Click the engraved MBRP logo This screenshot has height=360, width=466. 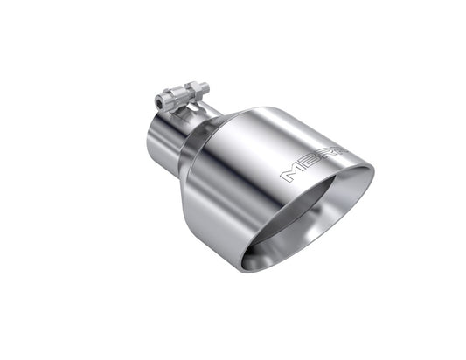pyautogui.click(x=311, y=165)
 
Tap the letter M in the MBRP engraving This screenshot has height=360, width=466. pyautogui.click(x=291, y=175)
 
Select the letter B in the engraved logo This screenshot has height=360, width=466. pyautogui.click(x=306, y=167)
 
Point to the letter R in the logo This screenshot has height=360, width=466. pyautogui.click(x=320, y=160)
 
